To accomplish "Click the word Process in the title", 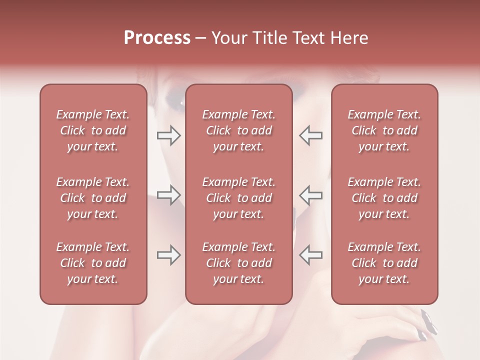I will tap(157, 38).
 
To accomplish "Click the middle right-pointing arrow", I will tap(169, 195).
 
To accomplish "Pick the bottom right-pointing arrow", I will tap(169, 255).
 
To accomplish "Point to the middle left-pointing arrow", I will tap(310, 195).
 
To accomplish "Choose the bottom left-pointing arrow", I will tap(310, 255).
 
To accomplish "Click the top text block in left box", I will tap(93, 130).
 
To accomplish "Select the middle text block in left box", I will tap(93, 198).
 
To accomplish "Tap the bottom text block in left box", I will tap(93, 263).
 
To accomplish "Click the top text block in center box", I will tap(238, 130).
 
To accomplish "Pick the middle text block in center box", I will tap(238, 198).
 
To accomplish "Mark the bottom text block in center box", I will tap(238, 263).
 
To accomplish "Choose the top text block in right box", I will tap(384, 130).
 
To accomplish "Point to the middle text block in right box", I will tap(384, 198).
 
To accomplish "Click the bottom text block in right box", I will tap(384, 263).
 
